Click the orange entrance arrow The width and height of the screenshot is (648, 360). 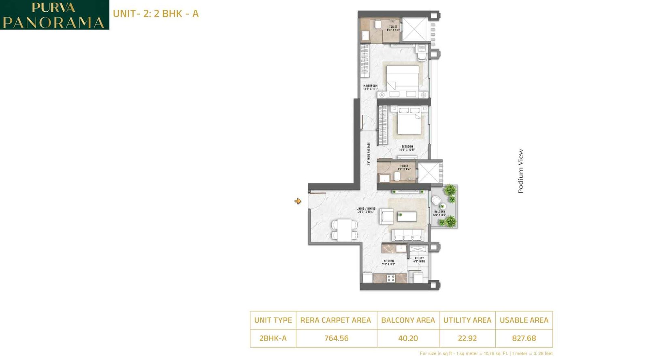click(298, 201)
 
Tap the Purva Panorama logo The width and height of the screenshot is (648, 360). click(54, 15)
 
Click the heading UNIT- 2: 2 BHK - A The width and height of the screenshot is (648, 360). click(156, 14)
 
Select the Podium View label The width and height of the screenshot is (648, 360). click(521, 171)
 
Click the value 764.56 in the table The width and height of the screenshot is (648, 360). click(336, 338)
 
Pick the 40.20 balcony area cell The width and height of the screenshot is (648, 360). click(408, 338)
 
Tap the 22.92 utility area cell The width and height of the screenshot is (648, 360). click(467, 338)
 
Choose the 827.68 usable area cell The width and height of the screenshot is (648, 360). click(524, 338)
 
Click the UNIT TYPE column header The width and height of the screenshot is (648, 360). click(273, 320)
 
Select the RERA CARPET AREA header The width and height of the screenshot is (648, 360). click(335, 320)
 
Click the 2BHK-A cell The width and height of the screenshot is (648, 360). click(273, 338)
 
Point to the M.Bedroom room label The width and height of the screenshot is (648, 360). click(370, 87)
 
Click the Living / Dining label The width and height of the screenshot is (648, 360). click(366, 210)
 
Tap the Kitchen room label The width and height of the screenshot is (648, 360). click(388, 262)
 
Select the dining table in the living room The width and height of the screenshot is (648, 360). click(345, 230)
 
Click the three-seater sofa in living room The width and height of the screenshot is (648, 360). click(408, 235)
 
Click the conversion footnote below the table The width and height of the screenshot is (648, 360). click(486, 354)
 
